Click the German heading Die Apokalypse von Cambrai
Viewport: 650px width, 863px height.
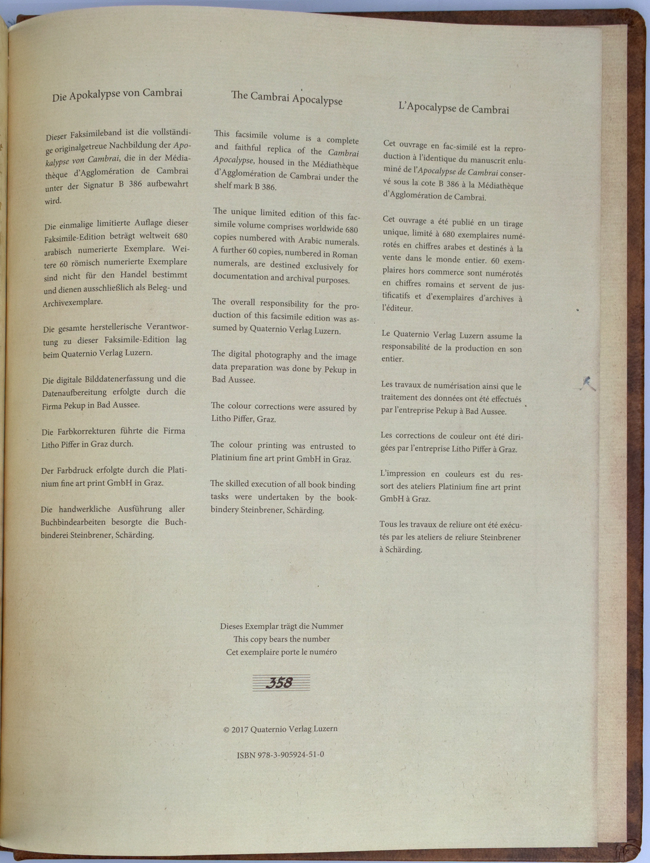pos(117,94)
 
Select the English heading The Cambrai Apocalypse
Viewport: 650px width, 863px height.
pos(287,98)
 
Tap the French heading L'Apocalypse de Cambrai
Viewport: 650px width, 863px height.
pos(454,108)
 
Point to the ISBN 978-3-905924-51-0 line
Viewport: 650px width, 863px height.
pos(281,755)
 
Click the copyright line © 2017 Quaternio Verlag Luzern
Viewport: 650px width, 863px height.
pos(281,729)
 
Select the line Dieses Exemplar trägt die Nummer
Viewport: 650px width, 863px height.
pos(281,626)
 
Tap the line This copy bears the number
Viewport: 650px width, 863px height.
pos(281,639)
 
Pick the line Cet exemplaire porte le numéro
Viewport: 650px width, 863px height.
pos(281,652)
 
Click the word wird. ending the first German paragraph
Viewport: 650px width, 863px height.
pos(53,201)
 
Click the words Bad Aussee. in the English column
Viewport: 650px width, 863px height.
pos(233,380)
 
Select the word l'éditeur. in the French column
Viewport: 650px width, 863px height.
pos(397,309)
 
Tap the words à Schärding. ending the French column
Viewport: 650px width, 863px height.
pos(401,550)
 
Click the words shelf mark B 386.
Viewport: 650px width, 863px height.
pos(245,186)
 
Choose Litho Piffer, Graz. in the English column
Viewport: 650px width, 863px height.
pos(243,419)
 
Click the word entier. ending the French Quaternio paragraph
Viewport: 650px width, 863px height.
pos(392,359)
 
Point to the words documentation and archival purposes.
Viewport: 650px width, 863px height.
pos(281,278)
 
